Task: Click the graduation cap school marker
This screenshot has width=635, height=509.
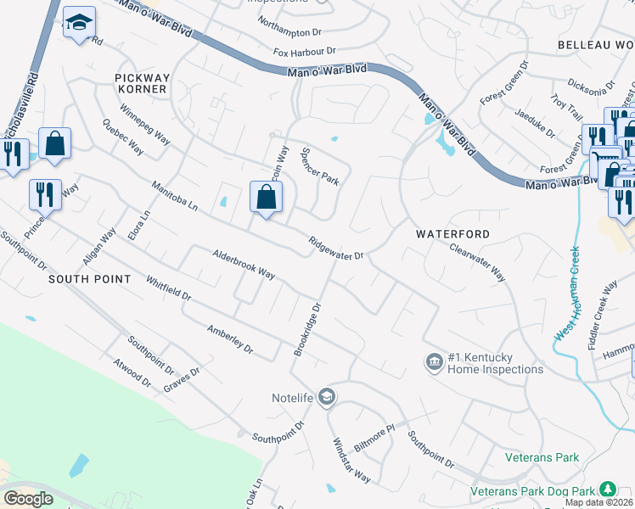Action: coord(79,25)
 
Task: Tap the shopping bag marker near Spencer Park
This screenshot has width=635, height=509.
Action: coord(267,198)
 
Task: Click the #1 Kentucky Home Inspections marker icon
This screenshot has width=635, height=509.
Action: coord(434,362)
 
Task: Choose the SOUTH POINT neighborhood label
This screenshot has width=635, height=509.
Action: coord(89,279)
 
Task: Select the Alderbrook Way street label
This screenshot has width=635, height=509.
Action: coord(244,264)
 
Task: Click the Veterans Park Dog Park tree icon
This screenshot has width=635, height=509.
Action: coord(607,489)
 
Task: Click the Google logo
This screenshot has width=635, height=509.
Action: coord(28,499)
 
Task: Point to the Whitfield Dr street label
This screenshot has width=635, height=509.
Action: coord(168,288)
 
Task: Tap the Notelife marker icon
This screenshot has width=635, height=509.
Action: coord(328,396)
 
